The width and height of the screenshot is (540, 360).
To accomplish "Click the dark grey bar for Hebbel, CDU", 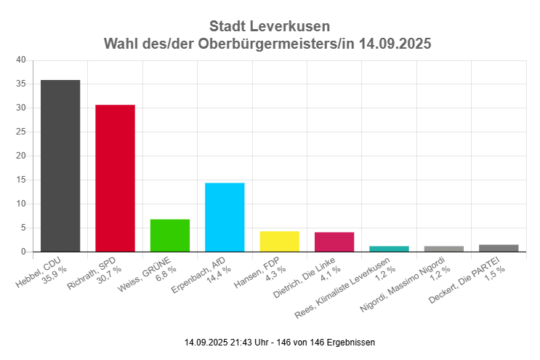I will tap(60, 166).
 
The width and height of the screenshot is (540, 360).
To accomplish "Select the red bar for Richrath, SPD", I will tap(115, 178).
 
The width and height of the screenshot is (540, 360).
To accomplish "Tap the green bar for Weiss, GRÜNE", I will tap(170, 236).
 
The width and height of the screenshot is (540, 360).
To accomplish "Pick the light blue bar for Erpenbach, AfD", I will tap(225, 217).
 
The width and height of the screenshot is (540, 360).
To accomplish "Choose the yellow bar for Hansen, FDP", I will tap(279, 241).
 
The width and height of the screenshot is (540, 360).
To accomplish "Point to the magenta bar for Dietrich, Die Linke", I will tap(334, 242).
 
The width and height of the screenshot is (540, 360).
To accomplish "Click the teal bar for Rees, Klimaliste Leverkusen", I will tap(389, 249).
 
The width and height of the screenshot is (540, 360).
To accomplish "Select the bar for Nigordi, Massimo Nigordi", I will tap(443, 249).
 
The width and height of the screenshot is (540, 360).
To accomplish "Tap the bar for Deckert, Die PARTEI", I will tap(499, 248).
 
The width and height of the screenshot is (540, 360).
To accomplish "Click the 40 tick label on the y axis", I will tap(20, 60).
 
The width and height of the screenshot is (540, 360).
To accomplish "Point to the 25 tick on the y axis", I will tap(20, 132).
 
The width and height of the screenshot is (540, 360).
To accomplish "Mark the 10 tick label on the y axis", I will tap(20, 204).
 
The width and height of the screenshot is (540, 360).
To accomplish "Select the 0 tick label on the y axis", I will tap(23, 252).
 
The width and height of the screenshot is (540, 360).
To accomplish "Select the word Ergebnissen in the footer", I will tap(352, 342).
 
